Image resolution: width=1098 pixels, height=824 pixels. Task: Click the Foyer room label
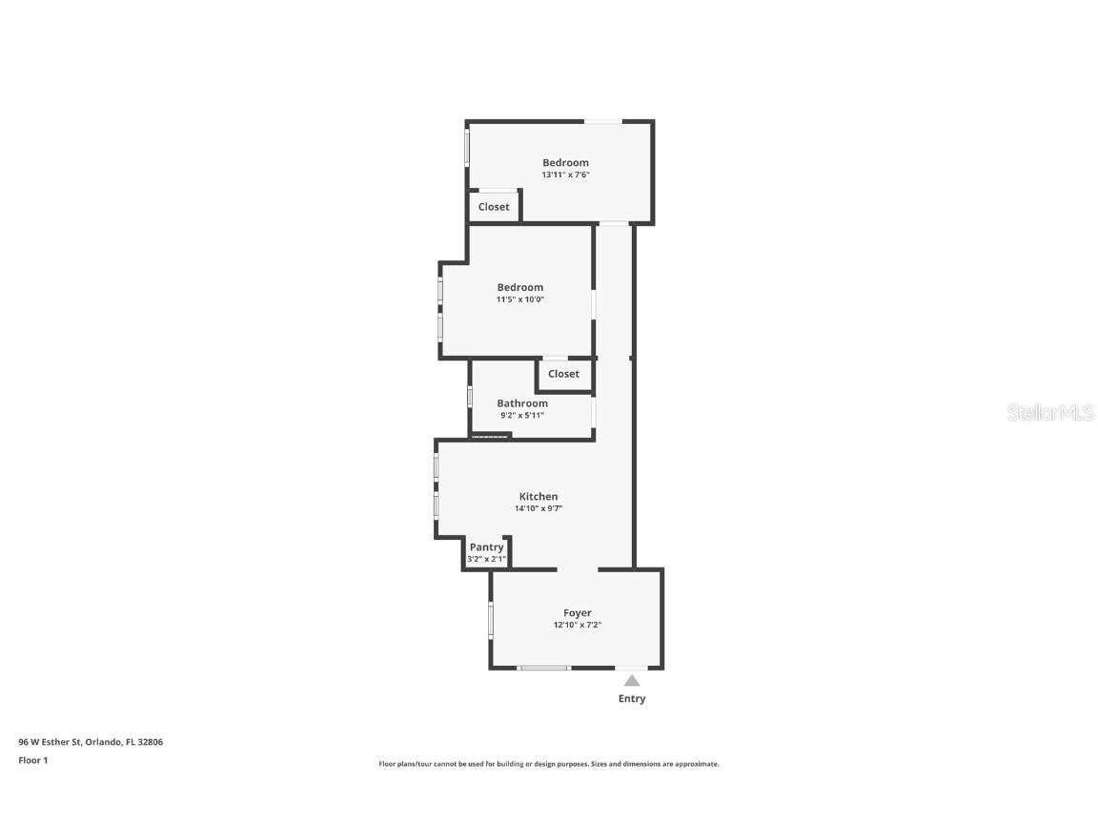click(x=577, y=613)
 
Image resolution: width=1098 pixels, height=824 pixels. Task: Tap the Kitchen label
click(x=539, y=497)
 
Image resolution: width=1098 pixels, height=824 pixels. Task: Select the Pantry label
click(x=486, y=547)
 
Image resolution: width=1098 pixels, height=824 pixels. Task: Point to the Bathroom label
click(x=522, y=403)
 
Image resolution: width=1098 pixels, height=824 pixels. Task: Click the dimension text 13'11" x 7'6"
click(x=566, y=175)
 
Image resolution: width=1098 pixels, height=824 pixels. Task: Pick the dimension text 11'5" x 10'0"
click(x=519, y=299)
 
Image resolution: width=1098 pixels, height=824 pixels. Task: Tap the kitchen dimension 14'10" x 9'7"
click(x=539, y=509)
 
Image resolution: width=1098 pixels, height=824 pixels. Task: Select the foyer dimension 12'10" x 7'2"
click(x=577, y=626)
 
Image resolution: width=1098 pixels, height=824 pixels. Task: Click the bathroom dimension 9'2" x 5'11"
click(x=522, y=416)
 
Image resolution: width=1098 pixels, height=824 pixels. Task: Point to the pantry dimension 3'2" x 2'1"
click(x=486, y=559)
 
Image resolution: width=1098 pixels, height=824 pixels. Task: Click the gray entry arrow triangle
click(x=632, y=680)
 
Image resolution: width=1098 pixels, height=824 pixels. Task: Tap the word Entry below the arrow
click(x=632, y=699)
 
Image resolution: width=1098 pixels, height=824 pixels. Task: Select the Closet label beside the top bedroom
click(x=494, y=207)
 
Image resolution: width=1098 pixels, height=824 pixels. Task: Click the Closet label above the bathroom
click(x=563, y=374)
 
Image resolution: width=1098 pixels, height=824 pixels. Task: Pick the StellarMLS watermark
click(x=1049, y=413)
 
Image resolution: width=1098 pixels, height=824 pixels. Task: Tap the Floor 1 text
click(x=32, y=760)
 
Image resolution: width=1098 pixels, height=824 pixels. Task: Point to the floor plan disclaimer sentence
click(x=549, y=764)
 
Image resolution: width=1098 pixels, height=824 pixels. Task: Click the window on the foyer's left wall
click(x=491, y=619)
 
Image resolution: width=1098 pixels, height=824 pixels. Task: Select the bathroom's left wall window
click(x=470, y=396)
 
